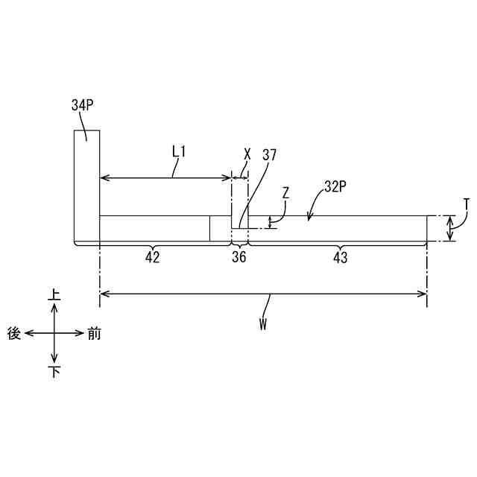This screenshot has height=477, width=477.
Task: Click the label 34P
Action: [82, 106]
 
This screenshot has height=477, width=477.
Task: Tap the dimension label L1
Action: [178, 151]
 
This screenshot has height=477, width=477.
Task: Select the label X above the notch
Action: [247, 154]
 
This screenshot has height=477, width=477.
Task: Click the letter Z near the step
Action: [285, 192]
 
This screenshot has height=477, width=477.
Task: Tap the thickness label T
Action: [466, 203]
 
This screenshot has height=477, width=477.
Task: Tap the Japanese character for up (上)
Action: [54, 296]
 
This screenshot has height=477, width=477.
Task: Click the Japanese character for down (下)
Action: [54, 372]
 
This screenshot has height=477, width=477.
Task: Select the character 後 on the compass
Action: [14, 334]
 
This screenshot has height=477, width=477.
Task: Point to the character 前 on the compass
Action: [94, 334]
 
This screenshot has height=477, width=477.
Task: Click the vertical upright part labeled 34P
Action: [86, 186]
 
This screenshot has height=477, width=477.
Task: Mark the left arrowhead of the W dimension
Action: [104, 294]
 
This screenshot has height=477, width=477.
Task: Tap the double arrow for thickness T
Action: [449, 229]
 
